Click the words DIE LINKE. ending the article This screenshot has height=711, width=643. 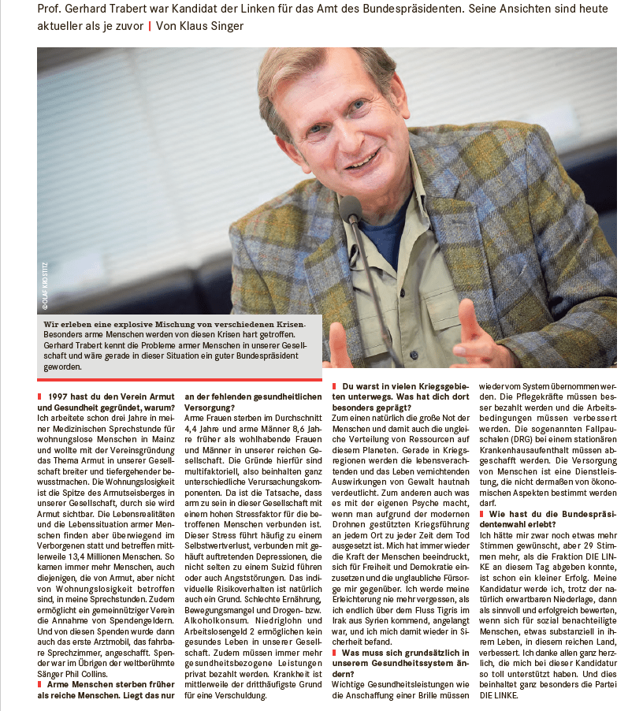pyautogui.click(x=501, y=697)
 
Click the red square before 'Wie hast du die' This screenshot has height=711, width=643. pyautogui.click(x=482, y=514)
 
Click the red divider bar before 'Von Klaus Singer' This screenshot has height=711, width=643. pyautogui.click(x=149, y=26)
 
